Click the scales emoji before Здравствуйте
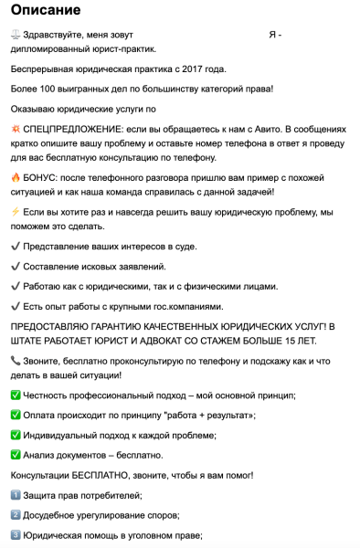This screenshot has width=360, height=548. [16, 35]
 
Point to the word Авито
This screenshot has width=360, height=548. [293, 129]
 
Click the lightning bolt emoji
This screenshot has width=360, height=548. [16, 210]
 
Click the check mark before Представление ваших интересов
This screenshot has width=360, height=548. [16, 246]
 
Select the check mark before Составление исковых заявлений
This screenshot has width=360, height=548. [16, 266]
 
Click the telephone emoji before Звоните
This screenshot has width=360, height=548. [16, 361]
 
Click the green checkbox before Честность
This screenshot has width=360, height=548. [16, 395]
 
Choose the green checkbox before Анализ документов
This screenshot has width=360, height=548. [16, 455]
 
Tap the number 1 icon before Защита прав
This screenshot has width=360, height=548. [16, 495]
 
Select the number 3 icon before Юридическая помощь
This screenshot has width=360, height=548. [16, 535]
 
